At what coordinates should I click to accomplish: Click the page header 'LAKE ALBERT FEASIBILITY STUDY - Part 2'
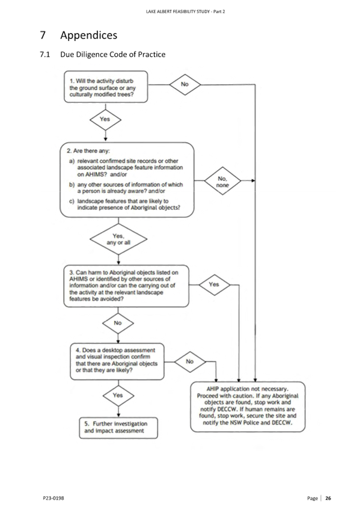tap(186, 11)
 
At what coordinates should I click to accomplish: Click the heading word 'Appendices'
tap(89, 35)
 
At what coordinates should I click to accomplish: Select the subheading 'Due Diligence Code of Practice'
tap(113, 54)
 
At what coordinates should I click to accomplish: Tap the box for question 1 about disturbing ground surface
tap(106, 87)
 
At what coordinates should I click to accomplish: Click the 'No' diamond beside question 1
tap(185, 85)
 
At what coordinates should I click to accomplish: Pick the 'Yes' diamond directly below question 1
tap(105, 119)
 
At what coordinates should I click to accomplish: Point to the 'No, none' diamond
tap(222, 181)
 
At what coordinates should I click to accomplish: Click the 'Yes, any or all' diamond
tap(118, 239)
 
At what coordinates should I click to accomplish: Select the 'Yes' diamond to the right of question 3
tap(214, 284)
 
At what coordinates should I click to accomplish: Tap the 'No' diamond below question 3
tap(118, 323)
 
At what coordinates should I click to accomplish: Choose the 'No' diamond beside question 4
tap(190, 361)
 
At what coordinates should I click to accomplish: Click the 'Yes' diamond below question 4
tap(118, 396)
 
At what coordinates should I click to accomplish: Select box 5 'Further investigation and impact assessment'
tap(118, 428)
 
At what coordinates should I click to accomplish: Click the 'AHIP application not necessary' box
tap(248, 407)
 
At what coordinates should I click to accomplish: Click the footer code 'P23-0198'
tap(53, 498)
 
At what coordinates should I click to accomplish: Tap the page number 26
tap(328, 498)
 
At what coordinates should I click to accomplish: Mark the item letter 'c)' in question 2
tap(72, 201)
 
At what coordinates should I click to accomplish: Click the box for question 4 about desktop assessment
tap(117, 361)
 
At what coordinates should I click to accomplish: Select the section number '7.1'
tap(45, 54)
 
